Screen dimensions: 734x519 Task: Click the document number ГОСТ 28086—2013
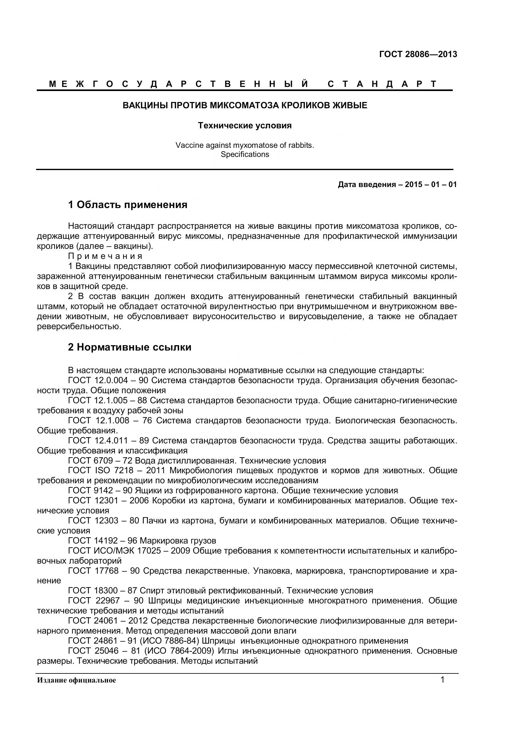(418, 54)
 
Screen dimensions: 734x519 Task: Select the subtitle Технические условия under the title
(245, 126)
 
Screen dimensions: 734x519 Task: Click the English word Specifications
(245, 154)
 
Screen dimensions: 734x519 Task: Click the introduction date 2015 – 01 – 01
(430, 185)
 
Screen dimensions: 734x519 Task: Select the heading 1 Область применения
(127, 205)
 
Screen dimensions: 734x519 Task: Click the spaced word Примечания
(105, 256)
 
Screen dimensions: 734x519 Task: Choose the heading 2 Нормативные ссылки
(129, 347)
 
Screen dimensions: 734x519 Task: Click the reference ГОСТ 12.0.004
(98, 380)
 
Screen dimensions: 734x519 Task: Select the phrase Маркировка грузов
(178, 541)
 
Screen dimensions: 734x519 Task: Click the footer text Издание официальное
(76, 680)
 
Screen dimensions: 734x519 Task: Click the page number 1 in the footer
(443, 680)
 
